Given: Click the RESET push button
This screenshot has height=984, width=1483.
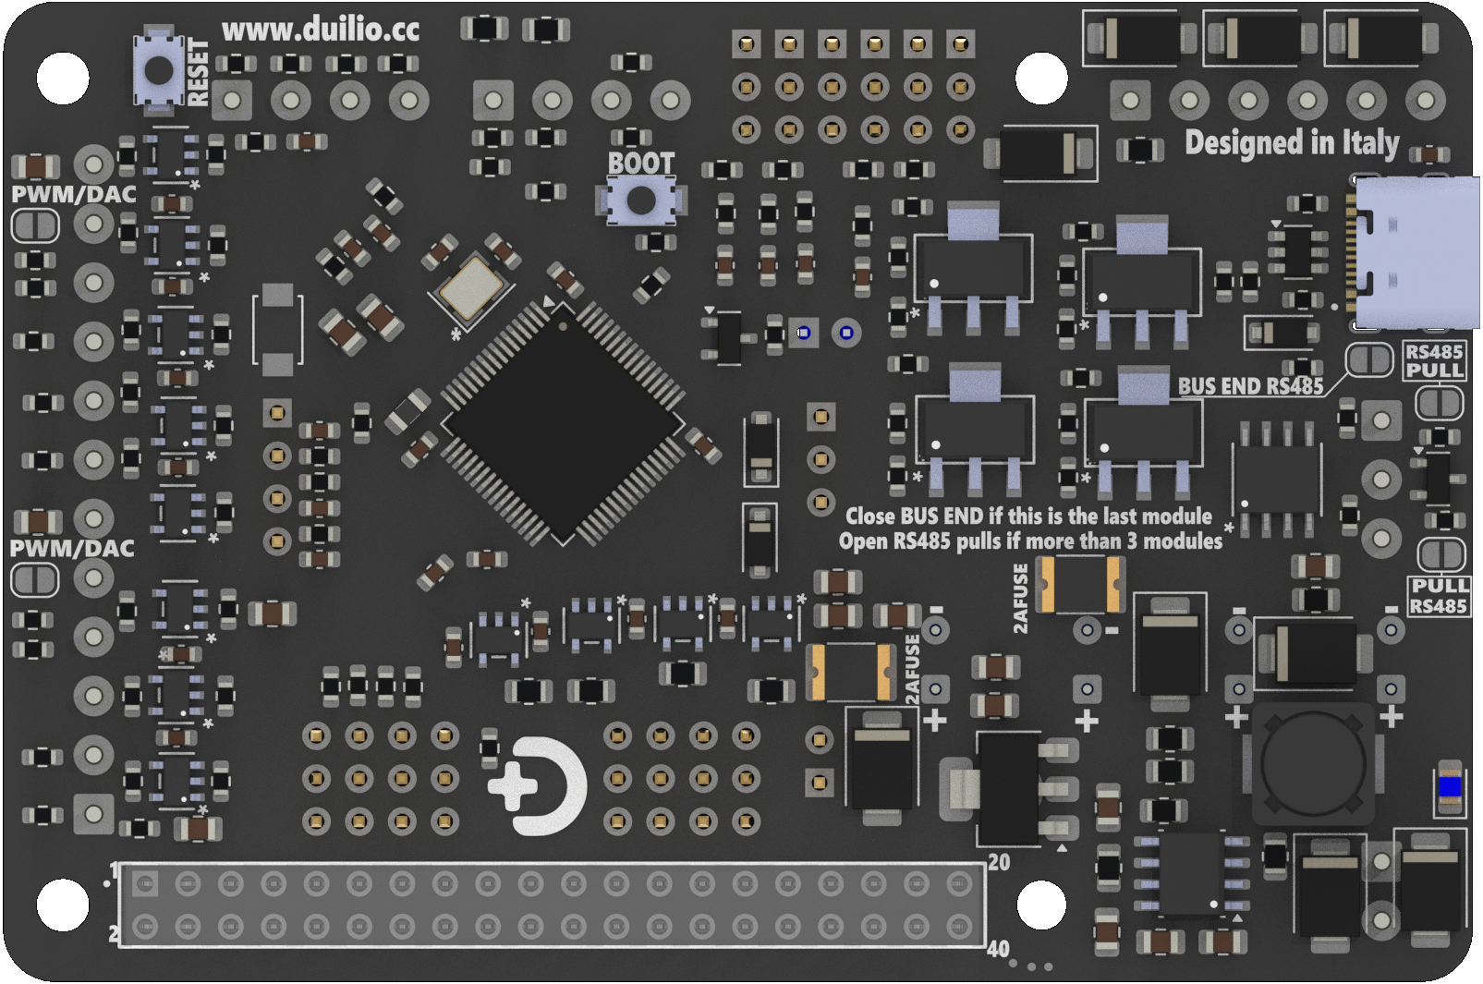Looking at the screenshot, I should tap(159, 70).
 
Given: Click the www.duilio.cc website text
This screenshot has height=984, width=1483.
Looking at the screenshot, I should tap(320, 30).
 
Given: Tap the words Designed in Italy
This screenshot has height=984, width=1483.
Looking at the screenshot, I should tap(1291, 143).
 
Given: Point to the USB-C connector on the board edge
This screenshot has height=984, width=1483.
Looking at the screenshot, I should tap(1414, 253).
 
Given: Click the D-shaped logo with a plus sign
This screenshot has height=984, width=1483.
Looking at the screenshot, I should tap(539, 786).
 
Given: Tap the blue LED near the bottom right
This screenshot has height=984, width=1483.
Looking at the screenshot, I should tap(1450, 786).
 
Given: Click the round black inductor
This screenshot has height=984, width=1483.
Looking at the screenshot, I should tap(1312, 763).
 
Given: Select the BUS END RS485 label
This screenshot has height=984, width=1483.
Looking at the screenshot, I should tap(1249, 387).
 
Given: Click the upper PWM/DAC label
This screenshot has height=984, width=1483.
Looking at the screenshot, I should tap(73, 195).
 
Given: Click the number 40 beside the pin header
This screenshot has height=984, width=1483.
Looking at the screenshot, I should tap(998, 949).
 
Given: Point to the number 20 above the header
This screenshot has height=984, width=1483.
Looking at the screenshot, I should tap(999, 862).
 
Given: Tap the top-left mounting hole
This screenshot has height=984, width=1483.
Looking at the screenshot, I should tap(63, 78).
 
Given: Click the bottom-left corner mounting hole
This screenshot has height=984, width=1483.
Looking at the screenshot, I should tap(63, 904).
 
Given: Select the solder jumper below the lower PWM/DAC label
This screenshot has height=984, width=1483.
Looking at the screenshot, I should tap(35, 580).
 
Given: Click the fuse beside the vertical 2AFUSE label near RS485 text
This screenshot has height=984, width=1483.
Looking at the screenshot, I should tap(1080, 584).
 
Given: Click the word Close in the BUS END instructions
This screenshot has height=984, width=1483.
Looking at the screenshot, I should tap(870, 516).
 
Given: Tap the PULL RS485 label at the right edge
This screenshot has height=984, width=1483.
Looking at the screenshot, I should tap(1439, 596).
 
